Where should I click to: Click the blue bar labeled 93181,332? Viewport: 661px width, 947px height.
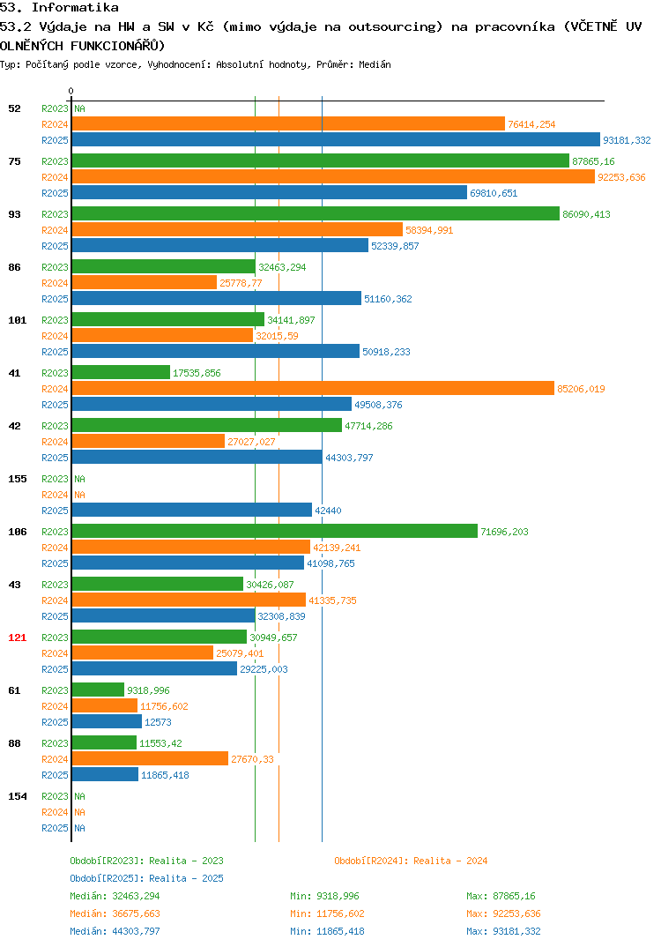pos(336,139)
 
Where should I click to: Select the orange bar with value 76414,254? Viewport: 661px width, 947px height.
pos(288,123)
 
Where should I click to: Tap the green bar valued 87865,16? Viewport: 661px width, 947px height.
pos(321,160)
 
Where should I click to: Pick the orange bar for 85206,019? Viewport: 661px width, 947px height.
pos(313,388)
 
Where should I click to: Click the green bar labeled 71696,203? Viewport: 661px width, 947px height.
pos(275,531)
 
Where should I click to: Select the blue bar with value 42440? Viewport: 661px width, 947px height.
pos(192,510)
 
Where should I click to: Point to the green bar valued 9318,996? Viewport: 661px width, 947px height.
pos(98,690)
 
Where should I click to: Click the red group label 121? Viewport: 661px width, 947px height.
pos(18,638)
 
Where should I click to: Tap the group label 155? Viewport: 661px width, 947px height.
pos(18,479)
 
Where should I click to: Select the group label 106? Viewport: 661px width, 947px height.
pos(18,532)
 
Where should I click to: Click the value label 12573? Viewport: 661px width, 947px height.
pos(158,722)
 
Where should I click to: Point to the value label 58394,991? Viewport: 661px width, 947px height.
pos(429,230)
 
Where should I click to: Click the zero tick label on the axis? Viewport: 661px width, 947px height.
pos(71,91)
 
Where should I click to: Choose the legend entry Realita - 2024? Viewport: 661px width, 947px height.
pos(411,861)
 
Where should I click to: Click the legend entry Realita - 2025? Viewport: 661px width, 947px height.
pos(146,878)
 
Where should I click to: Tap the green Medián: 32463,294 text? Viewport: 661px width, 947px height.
pos(115,896)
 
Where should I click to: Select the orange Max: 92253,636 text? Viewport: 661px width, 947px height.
pos(503,913)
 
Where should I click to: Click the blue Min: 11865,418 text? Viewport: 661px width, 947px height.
pos(327,931)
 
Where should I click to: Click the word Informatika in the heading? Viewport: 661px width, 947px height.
pos(75,8)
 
